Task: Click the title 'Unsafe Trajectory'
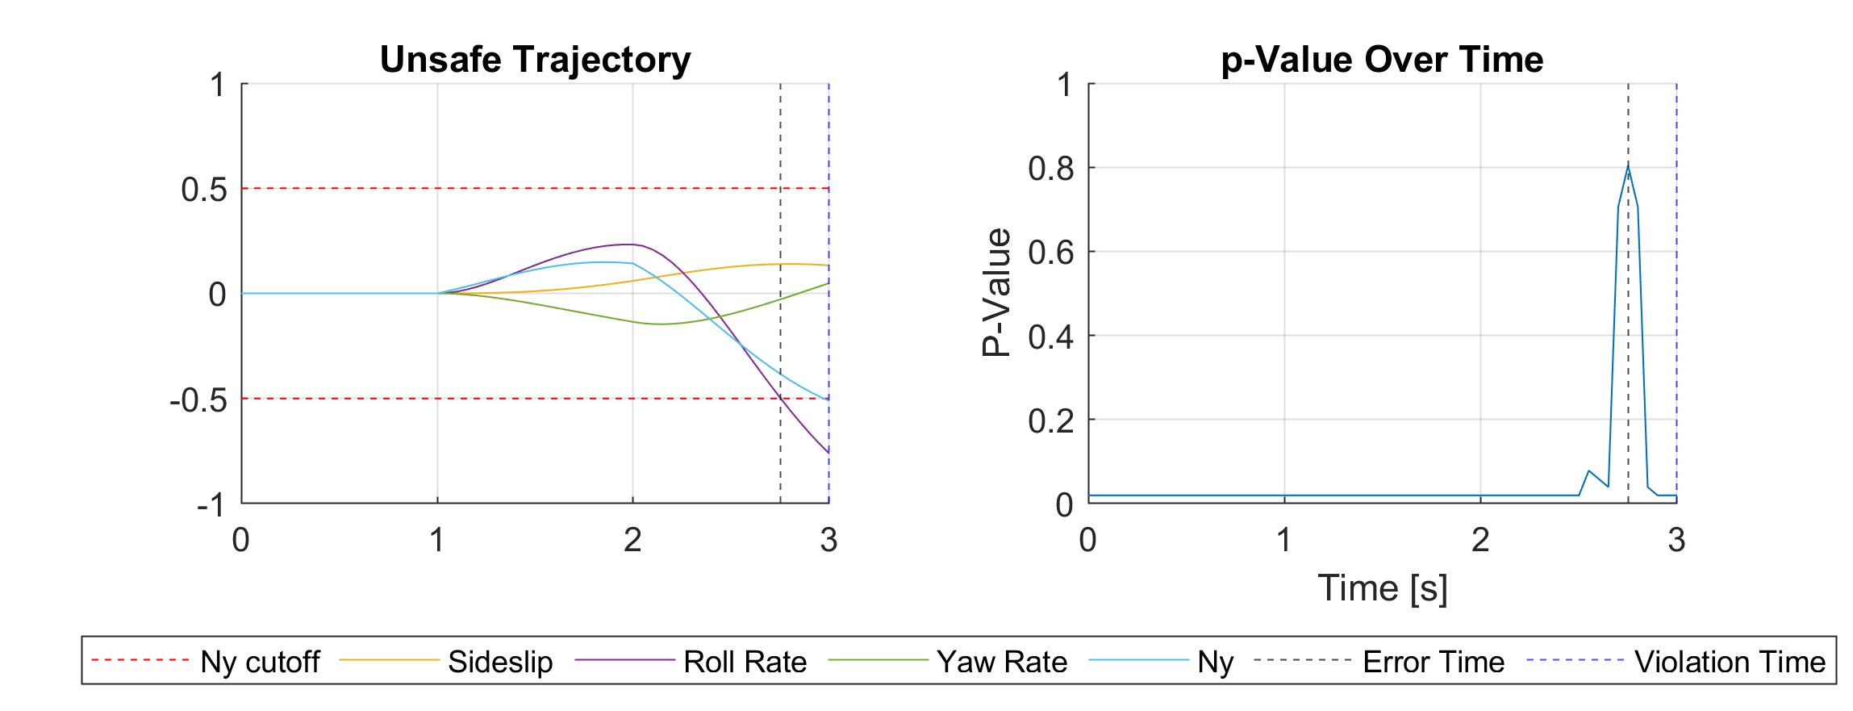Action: pos(535,60)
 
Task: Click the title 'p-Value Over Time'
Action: pos(1382,60)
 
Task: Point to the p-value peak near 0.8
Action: pos(1628,167)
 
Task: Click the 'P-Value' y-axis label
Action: pos(997,293)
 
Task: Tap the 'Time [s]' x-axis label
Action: pos(1382,588)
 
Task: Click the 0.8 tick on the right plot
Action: pos(1050,169)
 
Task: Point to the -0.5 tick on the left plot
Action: pos(198,399)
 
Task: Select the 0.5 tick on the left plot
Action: pos(204,190)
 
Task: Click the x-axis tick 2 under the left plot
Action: pos(632,540)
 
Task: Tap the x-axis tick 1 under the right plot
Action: pos(1283,540)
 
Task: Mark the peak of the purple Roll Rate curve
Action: pos(628,244)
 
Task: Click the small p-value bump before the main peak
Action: pos(1588,471)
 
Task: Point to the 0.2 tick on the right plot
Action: pos(1050,420)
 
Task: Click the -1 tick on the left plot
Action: pos(211,504)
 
